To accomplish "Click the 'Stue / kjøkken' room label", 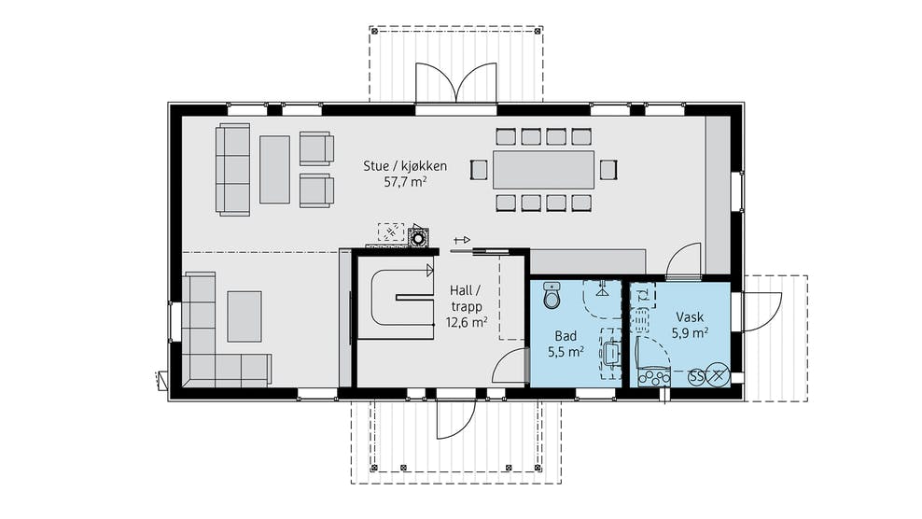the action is [x=405, y=166].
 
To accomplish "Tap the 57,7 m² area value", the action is [x=405, y=182].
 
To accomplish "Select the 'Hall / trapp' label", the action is [x=466, y=299].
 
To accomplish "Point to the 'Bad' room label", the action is [x=566, y=336].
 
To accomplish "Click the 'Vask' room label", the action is [x=689, y=317].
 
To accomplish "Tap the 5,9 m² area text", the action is [x=689, y=333].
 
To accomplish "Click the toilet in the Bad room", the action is [x=552, y=295].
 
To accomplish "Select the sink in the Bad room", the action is [x=611, y=353].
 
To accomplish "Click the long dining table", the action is [x=544, y=170].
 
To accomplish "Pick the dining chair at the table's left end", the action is [x=479, y=170].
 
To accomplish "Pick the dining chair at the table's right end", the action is [x=608, y=170].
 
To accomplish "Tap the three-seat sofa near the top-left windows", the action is [x=233, y=170].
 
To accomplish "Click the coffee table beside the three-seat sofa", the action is [x=274, y=170].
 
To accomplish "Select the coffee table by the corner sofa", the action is [x=244, y=316].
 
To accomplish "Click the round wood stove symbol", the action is [x=419, y=239].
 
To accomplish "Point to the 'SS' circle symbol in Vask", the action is [x=697, y=376].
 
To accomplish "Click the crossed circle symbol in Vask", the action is [x=718, y=375].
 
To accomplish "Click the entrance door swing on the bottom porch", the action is [x=454, y=418].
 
